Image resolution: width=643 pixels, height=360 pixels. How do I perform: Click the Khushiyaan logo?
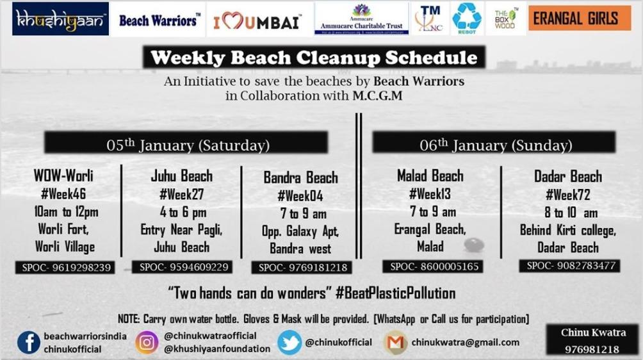pyautogui.click(x=60, y=19)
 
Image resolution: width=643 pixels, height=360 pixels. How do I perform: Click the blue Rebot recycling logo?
pyautogui.click(x=467, y=19)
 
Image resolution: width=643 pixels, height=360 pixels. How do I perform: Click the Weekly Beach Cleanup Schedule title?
pyautogui.click(x=314, y=58)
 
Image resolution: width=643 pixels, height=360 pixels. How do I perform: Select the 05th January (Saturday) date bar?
pyautogui.click(x=188, y=143)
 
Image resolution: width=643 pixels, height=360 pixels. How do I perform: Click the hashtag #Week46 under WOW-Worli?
pyautogui.click(x=63, y=193)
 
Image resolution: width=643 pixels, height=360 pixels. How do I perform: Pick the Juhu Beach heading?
pyautogui.click(x=181, y=176)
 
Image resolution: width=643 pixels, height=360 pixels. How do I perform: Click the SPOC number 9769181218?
pyautogui.click(x=300, y=267)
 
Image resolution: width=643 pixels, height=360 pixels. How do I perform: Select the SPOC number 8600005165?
pyautogui.click(x=432, y=266)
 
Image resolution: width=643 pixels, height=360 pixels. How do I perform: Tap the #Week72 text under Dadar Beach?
pyautogui.click(x=567, y=195)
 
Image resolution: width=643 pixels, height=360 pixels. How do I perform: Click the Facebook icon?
pyautogui.click(x=28, y=342)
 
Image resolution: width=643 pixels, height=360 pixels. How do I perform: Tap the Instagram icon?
pyautogui.click(x=147, y=342)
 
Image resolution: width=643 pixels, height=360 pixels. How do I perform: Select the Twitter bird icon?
pyautogui.click(x=290, y=342)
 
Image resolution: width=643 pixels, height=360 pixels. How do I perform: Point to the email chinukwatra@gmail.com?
pyautogui.click(x=465, y=342)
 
